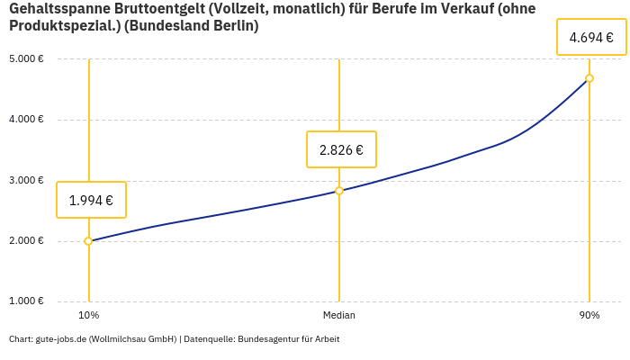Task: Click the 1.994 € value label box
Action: (91, 200)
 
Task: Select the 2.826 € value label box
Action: (341, 149)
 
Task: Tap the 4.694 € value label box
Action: (590, 38)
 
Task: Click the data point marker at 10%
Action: (88, 241)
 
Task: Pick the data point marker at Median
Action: (339, 191)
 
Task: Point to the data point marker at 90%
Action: (589, 78)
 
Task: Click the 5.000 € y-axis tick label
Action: (27, 59)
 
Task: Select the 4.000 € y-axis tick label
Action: (27, 120)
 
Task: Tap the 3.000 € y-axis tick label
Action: (27, 181)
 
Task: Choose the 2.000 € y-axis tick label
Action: (27, 241)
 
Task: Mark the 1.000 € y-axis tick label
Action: (27, 301)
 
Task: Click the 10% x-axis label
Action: (88, 316)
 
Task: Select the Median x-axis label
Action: (339, 316)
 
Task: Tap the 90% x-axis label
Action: (589, 316)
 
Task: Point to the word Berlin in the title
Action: (236, 27)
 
